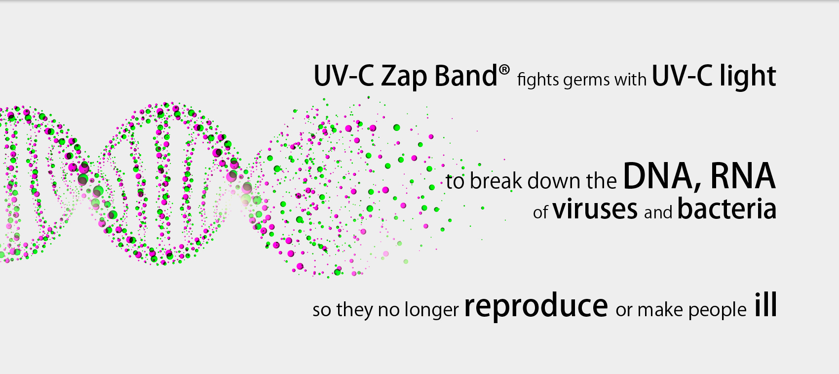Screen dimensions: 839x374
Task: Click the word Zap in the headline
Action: (x=404, y=76)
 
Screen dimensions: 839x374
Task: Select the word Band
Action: (x=465, y=76)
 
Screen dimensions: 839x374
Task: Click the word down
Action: (x=555, y=181)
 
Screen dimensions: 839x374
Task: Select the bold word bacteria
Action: (x=726, y=208)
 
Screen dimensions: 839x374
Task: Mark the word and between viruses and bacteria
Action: (x=658, y=212)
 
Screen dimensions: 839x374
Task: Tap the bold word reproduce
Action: (x=536, y=306)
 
